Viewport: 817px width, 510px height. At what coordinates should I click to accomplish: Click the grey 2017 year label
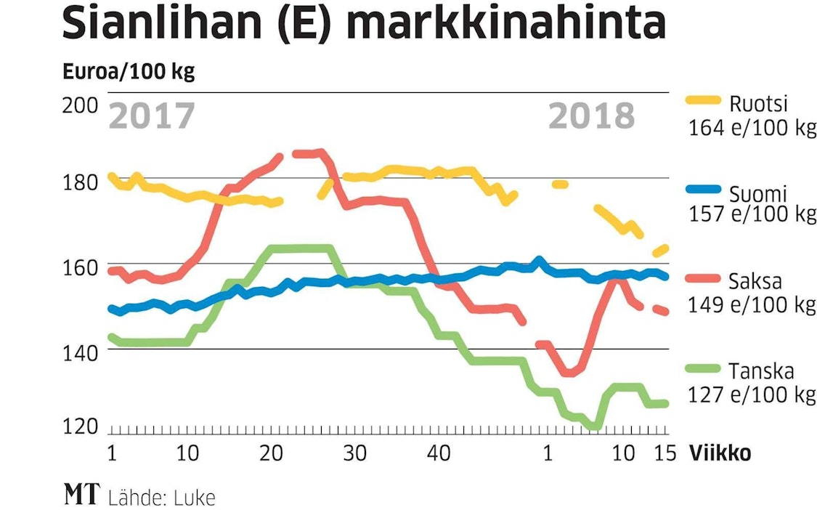pos(153,116)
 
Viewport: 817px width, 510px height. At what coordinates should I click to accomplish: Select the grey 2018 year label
pos(591,116)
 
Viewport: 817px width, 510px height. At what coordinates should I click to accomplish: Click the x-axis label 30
pos(354,453)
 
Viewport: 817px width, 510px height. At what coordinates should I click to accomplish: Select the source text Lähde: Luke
pos(162,498)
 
